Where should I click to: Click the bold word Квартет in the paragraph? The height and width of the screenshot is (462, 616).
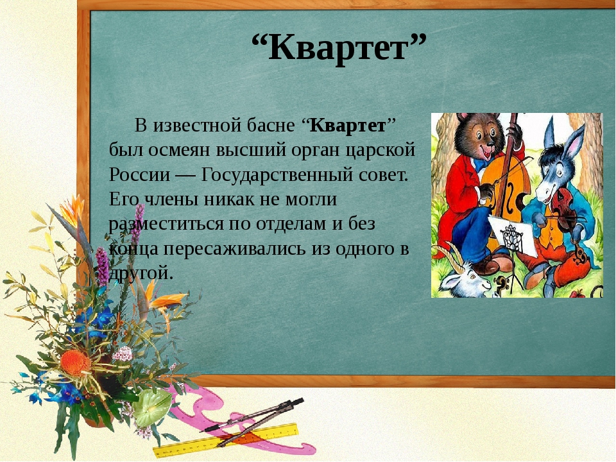[x=348, y=126]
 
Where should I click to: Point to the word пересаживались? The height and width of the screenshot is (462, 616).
[x=234, y=249]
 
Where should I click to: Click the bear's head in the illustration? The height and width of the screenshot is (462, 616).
[x=479, y=135]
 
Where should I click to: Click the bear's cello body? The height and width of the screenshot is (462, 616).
[x=505, y=189]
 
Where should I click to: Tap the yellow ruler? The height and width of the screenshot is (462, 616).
[x=226, y=439]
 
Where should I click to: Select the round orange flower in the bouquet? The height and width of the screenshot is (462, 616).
[x=75, y=362]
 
